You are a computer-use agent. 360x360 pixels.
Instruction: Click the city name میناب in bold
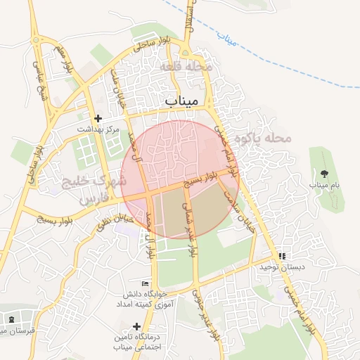point(182,102)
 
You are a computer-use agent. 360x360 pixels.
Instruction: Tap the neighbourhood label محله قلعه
point(186,66)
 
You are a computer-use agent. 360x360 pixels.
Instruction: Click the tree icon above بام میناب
point(324,173)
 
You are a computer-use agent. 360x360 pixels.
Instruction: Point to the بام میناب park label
point(324,185)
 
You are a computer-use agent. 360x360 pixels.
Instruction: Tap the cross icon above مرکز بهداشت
point(98,118)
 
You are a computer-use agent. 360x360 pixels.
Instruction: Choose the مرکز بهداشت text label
point(99,130)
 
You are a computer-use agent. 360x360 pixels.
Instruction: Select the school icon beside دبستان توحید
point(282,257)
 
